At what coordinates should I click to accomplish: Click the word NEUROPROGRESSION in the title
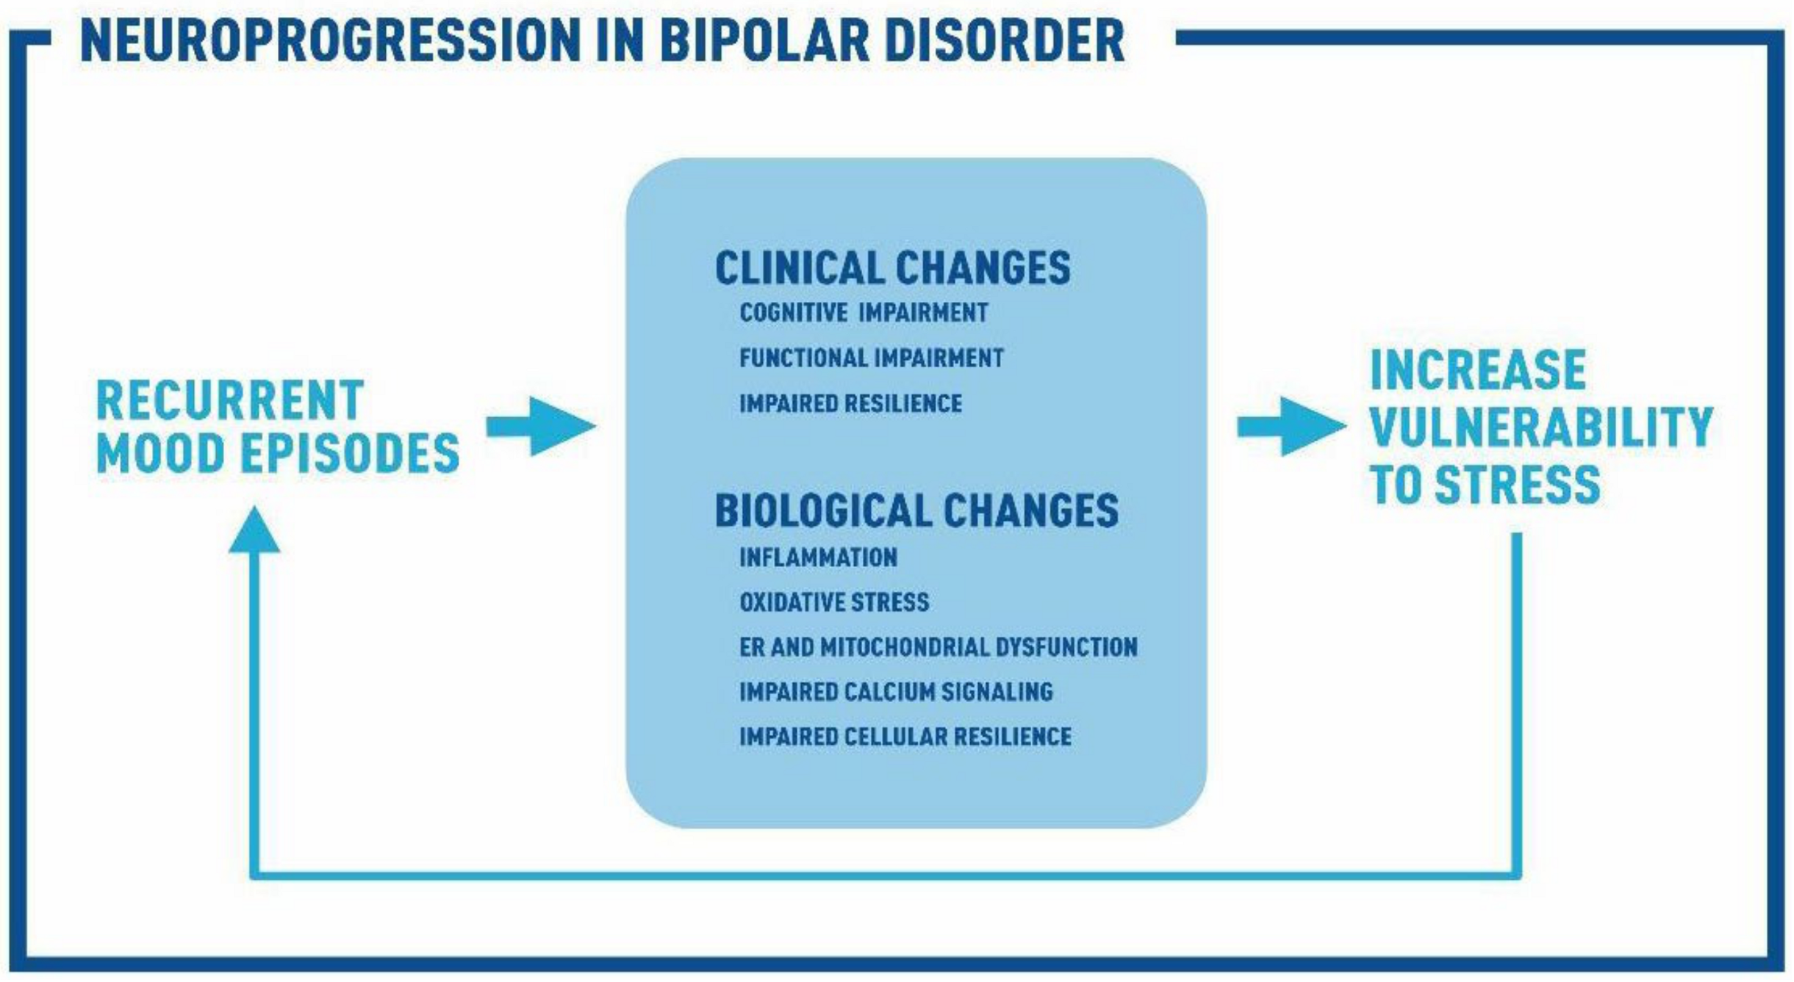coord(331,40)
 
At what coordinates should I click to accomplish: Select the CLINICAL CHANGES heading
coord(892,267)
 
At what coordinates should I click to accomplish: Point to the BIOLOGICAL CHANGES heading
coord(916,510)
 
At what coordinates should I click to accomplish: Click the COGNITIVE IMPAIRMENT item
coord(864,313)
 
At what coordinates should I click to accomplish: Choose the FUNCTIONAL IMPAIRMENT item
coord(872,358)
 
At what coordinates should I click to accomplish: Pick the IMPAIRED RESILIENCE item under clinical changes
coord(850,403)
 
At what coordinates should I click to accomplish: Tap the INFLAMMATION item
coord(818,557)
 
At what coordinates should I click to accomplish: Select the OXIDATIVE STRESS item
coord(834,602)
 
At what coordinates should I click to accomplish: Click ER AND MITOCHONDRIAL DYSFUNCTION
coord(939,647)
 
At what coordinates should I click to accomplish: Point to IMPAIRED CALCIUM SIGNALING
coord(896,692)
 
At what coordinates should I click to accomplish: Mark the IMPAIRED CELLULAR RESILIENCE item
coord(905,737)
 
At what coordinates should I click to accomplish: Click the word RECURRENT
coord(230,401)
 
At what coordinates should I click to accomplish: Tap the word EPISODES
coord(351,453)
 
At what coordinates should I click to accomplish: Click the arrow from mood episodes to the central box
coord(541,426)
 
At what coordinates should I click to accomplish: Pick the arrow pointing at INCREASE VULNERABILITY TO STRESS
coord(1292,427)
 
